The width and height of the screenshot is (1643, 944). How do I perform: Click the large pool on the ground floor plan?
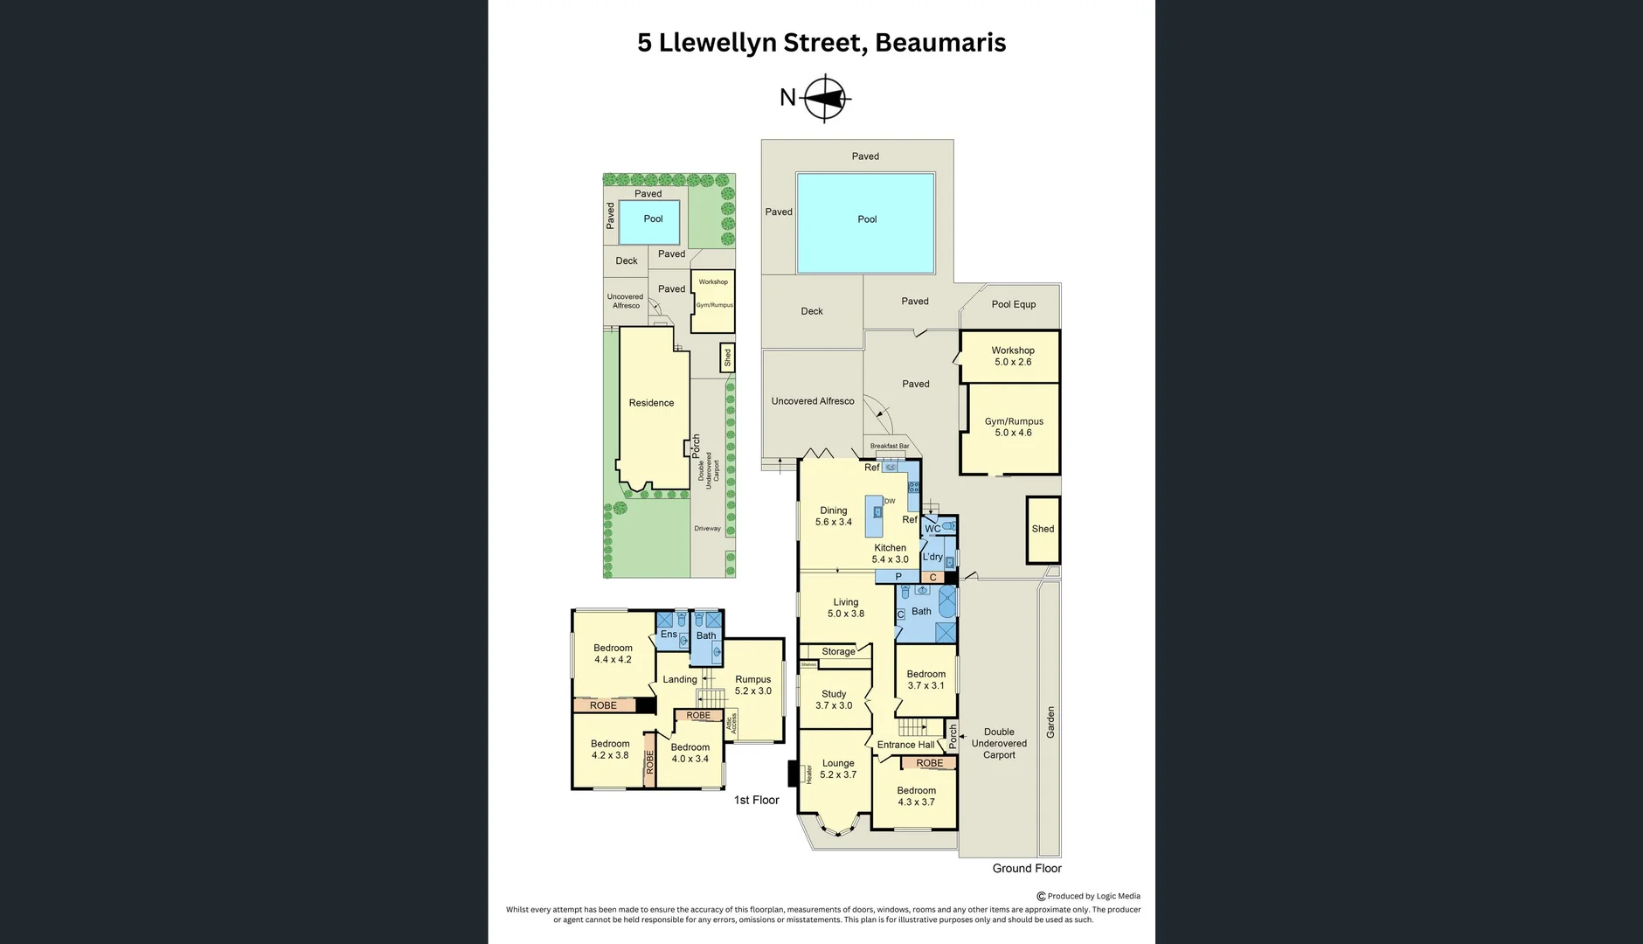coord(865,222)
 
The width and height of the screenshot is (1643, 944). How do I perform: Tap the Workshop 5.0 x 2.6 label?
coord(1012,356)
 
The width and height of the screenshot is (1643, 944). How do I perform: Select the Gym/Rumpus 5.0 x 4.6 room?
coord(1013,427)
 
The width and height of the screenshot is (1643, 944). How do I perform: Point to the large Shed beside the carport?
coord(1043,530)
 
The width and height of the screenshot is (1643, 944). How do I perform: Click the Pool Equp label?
coord(1013,304)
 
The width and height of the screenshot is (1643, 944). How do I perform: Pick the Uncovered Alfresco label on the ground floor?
coord(812,401)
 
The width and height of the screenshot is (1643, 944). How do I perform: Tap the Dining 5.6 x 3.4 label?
coord(833,516)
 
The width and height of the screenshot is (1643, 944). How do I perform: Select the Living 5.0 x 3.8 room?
coord(845,607)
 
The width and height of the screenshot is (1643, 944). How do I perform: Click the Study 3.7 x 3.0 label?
coord(833,699)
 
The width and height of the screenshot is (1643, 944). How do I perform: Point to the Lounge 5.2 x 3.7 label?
coord(837,768)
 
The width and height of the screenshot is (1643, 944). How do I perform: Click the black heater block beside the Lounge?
coord(794,774)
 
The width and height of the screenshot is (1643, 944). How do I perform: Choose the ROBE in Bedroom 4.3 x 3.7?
coord(929,763)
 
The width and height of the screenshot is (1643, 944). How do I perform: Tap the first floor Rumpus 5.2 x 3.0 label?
coord(752,684)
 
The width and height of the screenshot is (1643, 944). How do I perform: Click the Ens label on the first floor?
coord(668,635)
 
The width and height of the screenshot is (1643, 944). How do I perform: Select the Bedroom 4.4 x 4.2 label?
coord(612,654)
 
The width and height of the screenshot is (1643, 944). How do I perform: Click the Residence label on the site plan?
coord(651,403)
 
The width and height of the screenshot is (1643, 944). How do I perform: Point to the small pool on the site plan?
coord(650,223)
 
